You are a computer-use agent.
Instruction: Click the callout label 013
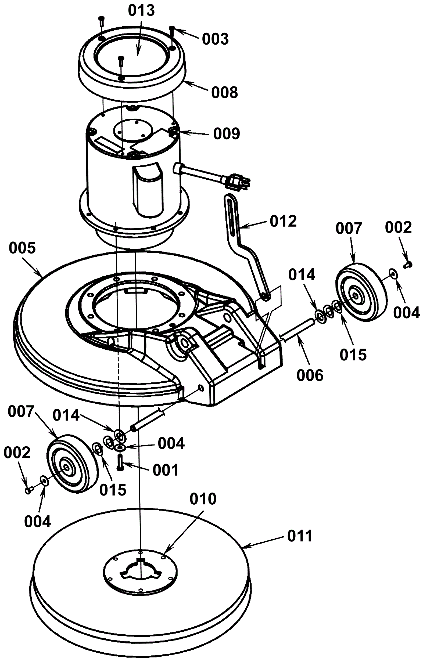(141, 10)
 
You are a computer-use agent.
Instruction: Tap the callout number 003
(215, 39)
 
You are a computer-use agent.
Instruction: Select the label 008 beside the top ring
(224, 92)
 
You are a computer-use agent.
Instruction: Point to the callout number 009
(227, 134)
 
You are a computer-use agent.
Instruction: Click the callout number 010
(203, 499)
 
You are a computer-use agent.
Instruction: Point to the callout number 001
(166, 470)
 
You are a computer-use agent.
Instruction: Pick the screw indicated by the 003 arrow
(172, 32)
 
